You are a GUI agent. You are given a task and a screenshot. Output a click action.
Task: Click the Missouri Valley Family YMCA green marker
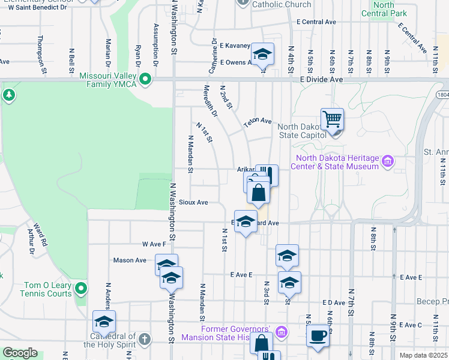(x=145, y=79)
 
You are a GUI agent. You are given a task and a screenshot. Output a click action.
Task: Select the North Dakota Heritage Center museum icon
(x=388, y=161)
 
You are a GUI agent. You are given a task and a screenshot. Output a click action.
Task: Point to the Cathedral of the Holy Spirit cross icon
(x=143, y=340)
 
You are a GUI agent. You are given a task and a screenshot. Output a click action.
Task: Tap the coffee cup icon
(x=318, y=335)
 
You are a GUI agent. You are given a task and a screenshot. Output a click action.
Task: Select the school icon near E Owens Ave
(x=262, y=54)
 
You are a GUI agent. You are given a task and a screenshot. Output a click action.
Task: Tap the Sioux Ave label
(x=193, y=203)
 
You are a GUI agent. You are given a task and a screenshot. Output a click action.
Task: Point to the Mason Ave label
(x=130, y=260)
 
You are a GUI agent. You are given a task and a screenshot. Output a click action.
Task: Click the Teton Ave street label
(x=258, y=121)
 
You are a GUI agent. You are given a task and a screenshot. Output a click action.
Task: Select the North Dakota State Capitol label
(x=300, y=131)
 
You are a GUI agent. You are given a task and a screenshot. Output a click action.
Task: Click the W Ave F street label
(x=154, y=244)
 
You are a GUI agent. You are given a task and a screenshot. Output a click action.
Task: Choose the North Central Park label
(x=384, y=9)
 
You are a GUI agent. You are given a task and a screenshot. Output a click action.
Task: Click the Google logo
(x=20, y=353)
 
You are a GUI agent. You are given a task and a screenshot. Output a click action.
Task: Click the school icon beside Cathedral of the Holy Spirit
(x=104, y=322)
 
